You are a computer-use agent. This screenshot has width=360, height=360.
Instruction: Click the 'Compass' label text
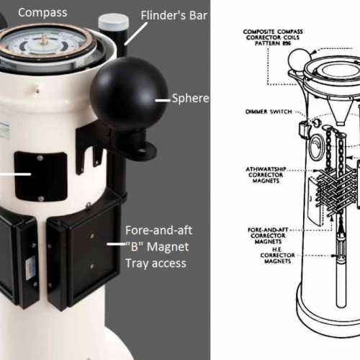click(42, 13)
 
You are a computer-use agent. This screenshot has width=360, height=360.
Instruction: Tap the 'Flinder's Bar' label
click(174, 16)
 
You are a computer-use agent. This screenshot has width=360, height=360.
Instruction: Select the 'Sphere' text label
click(191, 99)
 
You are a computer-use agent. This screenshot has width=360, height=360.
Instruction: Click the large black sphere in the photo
click(129, 94)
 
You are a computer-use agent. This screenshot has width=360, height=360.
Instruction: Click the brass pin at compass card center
click(43, 40)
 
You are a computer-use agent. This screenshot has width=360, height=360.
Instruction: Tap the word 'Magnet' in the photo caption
click(168, 247)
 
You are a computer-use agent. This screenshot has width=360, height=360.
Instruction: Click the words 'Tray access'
click(156, 264)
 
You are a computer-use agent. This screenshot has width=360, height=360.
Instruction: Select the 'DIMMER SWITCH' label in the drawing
click(269, 112)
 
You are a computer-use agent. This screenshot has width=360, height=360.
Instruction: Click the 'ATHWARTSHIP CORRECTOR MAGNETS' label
click(266, 175)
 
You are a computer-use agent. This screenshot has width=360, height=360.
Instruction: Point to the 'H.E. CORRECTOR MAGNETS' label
click(277, 256)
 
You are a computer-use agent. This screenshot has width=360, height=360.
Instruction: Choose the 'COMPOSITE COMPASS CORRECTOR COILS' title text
click(273, 37)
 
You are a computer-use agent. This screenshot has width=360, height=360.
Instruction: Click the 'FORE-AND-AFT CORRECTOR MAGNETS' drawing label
click(268, 235)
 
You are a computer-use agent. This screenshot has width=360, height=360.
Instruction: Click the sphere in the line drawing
click(300, 60)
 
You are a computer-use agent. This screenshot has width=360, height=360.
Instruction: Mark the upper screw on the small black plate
click(40, 158)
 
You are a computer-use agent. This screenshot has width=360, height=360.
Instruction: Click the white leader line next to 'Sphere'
click(163, 100)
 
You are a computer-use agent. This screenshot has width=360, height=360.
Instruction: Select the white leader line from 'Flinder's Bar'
click(135, 34)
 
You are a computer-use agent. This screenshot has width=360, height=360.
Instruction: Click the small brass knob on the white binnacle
click(37, 90)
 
